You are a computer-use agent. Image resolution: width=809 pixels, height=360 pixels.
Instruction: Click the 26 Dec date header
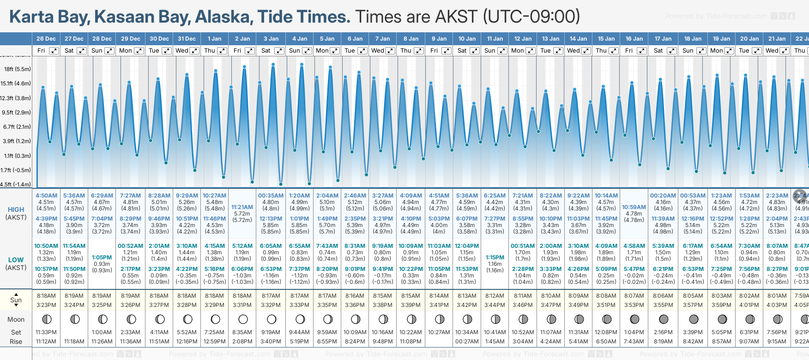(x=46, y=39)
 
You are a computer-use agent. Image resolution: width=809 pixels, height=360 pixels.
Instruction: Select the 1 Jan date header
(x=214, y=39)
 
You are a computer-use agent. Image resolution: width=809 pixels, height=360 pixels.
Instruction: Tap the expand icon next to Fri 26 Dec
(x=54, y=51)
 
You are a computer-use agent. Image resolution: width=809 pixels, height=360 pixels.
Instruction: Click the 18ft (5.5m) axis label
(x=18, y=69)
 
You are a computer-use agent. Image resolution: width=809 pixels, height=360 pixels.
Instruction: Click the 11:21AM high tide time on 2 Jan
(x=242, y=207)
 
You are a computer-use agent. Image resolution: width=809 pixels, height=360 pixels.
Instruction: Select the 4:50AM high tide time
(x=46, y=196)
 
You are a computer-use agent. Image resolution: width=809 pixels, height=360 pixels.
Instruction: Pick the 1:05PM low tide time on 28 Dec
(x=102, y=258)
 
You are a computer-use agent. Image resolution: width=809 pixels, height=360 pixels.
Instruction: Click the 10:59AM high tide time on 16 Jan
(x=634, y=207)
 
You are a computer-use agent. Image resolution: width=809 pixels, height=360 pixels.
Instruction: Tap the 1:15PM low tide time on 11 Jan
(x=495, y=258)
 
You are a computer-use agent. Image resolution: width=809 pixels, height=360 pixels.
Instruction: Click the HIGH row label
(x=16, y=210)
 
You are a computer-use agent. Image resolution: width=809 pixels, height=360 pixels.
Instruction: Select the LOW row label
(x=16, y=260)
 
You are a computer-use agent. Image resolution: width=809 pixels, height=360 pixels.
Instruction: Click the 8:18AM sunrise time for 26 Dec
(x=46, y=296)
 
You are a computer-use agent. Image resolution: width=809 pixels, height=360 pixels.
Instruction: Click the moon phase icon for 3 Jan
(x=272, y=319)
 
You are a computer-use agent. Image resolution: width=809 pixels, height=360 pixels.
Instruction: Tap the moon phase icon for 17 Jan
(x=664, y=319)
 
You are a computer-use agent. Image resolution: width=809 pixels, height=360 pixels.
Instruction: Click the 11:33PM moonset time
(x=46, y=332)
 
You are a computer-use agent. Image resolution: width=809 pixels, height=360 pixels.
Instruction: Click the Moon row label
(x=16, y=319)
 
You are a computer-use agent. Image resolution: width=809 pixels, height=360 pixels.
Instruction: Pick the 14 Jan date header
(x=578, y=39)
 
